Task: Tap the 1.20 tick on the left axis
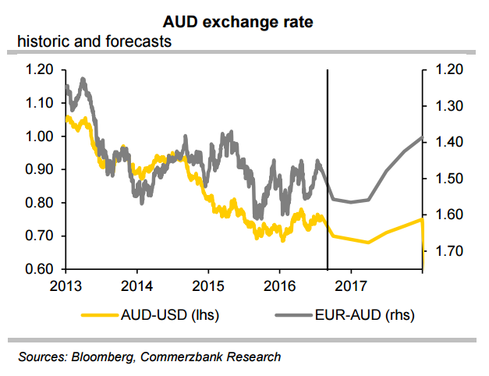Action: click(x=39, y=69)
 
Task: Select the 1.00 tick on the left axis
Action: click(x=39, y=137)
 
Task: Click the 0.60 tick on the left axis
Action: click(x=39, y=270)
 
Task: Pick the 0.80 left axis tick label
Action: click(x=39, y=203)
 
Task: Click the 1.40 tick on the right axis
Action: click(x=447, y=142)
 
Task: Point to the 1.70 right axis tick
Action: click(x=447, y=251)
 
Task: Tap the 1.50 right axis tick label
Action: click(x=447, y=179)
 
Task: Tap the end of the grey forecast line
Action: click(x=422, y=137)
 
